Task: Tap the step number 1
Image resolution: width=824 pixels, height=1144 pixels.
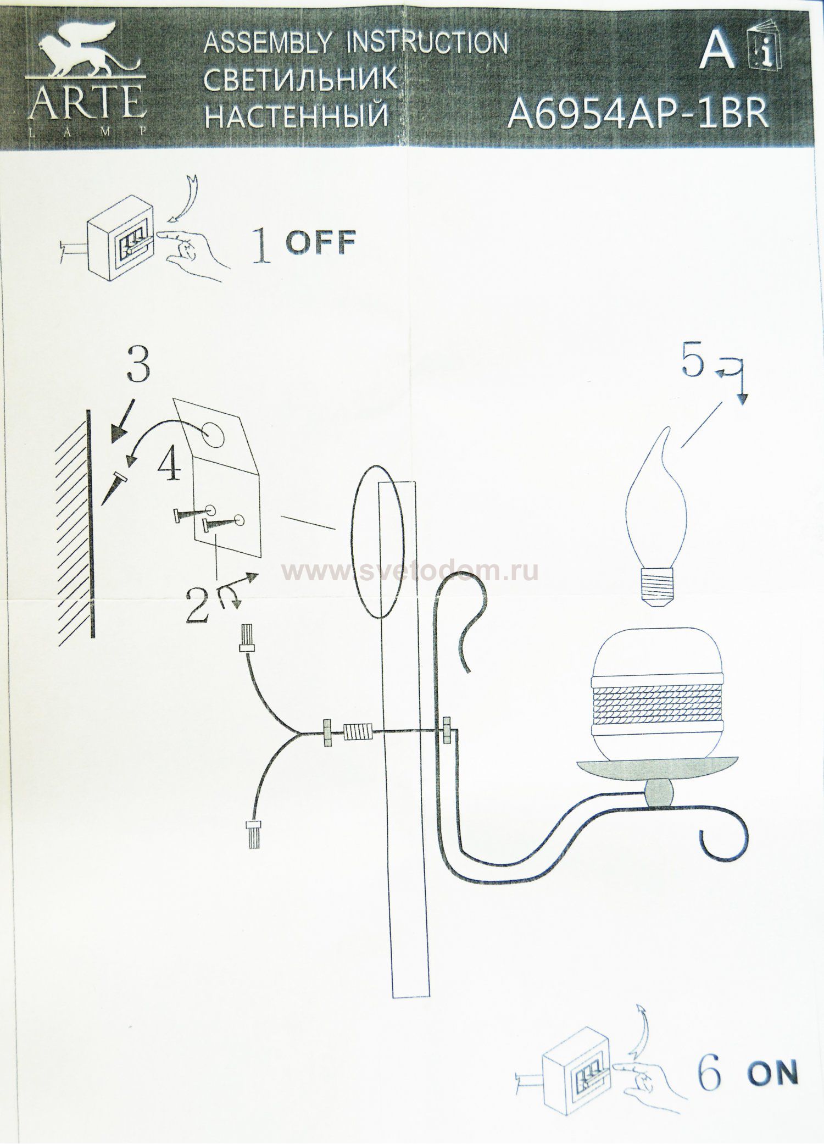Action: point(262,248)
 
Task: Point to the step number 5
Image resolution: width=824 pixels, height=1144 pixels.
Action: point(692,363)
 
